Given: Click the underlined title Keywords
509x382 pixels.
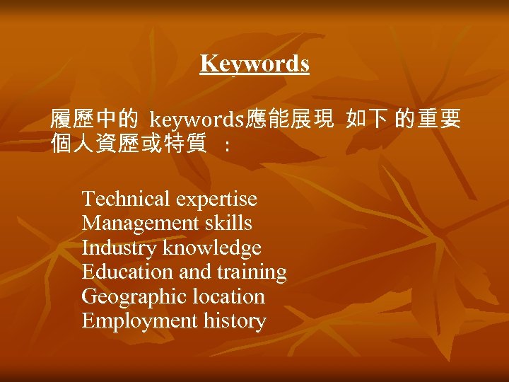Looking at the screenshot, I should click(x=255, y=64).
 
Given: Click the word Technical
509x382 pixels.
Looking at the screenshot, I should click(x=126, y=199).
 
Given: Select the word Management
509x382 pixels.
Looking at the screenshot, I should click(x=141, y=224).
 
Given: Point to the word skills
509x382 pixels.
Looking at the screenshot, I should click(x=228, y=224).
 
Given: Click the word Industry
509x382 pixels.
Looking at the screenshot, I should click(x=119, y=248).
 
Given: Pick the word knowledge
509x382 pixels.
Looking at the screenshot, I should click(x=212, y=248).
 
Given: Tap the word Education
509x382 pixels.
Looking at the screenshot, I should click(x=127, y=272).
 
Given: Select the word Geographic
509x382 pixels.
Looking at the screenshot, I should click(x=131, y=297).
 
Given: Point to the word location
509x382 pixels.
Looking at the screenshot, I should click(x=224, y=297).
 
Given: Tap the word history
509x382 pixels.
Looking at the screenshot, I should click(x=235, y=321).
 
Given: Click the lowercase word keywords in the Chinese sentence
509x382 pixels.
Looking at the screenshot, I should click(x=197, y=120).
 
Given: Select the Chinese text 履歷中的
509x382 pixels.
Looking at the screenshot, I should click(x=93, y=120).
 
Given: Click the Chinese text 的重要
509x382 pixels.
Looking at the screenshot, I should click(x=428, y=120).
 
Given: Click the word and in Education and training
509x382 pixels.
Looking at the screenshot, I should click(x=196, y=272).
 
